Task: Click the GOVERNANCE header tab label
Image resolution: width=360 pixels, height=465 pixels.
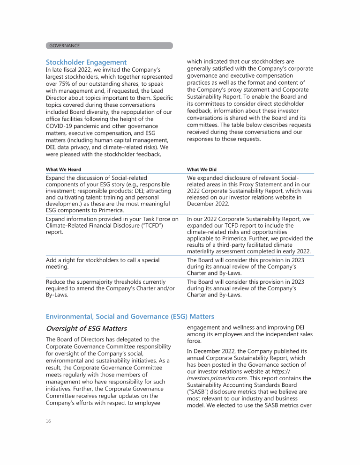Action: tap(64, 45)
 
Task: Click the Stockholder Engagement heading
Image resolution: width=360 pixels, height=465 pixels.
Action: tap(86, 62)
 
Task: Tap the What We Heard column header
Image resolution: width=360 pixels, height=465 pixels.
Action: tap(63, 170)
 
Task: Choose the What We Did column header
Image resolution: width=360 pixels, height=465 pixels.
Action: tap(202, 170)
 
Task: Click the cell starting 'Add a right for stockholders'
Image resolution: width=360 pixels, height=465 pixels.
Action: tap(103, 263)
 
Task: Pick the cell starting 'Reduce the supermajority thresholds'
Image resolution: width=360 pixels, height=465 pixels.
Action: tap(108, 288)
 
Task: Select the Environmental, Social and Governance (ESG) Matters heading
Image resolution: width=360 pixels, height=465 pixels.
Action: tap(130, 317)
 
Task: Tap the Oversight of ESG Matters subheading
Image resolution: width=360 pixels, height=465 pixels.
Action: tap(86, 328)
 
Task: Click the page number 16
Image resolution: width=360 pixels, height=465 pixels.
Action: tap(48, 421)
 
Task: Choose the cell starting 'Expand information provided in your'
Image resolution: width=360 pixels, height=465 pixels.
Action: tap(112, 222)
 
